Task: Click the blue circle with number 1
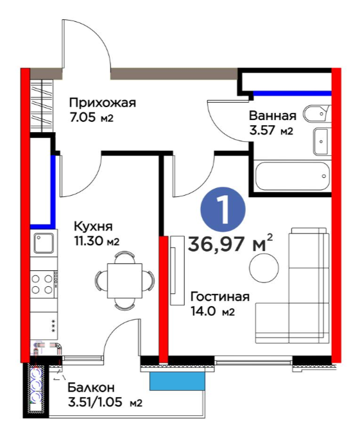pyautogui.click(x=223, y=210)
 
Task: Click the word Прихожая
pyautogui.click(x=103, y=103)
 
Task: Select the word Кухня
pyautogui.click(x=93, y=227)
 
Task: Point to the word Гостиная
pyautogui.click(x=220, y=297)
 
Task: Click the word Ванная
pyautogui.click(x=273, y=116)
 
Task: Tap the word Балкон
pyautogui.click(x=91, y=388)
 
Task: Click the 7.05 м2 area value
pyautogui.click(x=91, y=118)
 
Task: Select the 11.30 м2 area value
pyautogui.click(x=96, y=241)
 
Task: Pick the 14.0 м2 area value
pyautogui.click(x=213, y=311)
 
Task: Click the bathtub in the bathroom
pyautogui.click(x=292, y=176)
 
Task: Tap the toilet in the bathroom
pyautogui.click(x=316, y=113)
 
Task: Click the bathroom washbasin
pyautogui.click(x=321, y=141)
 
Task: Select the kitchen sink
pyautogui.click(x=44, y=243)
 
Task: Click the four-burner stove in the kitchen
pyautogui.click(x=44, y=284)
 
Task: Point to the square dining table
pyautogui.click(x=124, y=280)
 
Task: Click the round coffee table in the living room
pyautogui.click(x=264, y=268)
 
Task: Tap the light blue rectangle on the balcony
pyautogui.click(x=177, y=381)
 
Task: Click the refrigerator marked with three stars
pyautogui.click(x=44, y=326)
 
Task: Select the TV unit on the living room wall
pyautogui.click(x=176, y=270)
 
